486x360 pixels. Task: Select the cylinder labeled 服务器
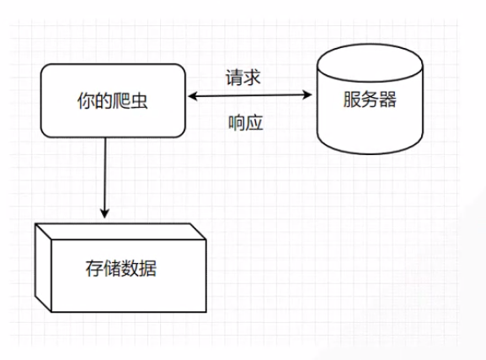[x=369, y=104]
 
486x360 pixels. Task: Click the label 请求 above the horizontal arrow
[x=245, y=78]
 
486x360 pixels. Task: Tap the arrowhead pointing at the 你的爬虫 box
[x=192, y=98]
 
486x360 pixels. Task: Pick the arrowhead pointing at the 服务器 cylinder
[x=309, y=98]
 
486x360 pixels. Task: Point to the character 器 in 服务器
[x=388, y=101]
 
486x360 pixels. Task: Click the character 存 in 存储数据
[x=96, y=271]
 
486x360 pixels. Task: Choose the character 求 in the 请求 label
[x=255, y=78]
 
